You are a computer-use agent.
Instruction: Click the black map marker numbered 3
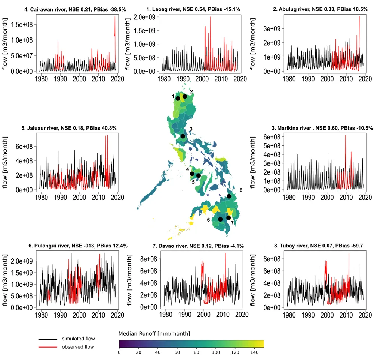tap(183, 136)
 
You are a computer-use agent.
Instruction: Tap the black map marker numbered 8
tap(229, 196)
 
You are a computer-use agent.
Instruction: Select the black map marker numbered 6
tap(220, 219)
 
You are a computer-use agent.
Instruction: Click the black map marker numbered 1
tap(178, 98)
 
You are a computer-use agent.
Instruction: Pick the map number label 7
tap(232, 223)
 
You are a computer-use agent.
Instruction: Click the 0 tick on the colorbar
tap(119, 352)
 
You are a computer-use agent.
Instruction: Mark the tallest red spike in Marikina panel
tap(345, 135)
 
